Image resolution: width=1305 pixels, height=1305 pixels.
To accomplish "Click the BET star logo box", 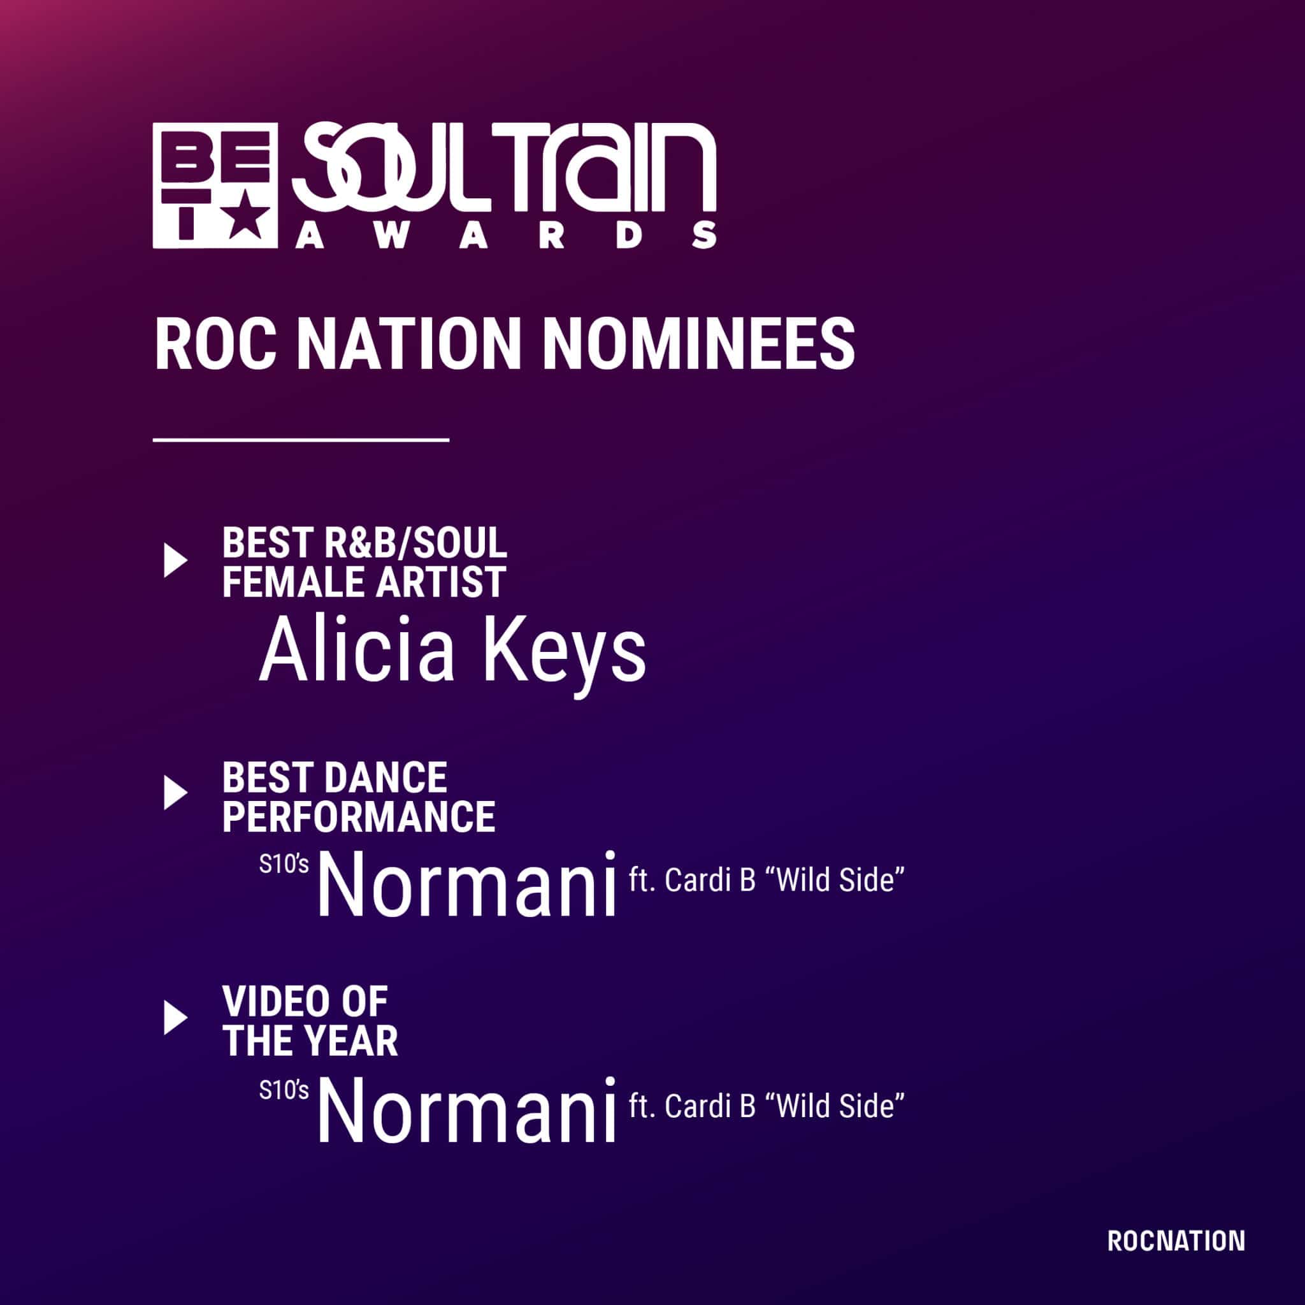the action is point(215,186).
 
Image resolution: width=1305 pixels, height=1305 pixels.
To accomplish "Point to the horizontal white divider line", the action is point(301,440).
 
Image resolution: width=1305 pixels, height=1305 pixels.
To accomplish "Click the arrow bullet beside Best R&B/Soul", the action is point(176,561).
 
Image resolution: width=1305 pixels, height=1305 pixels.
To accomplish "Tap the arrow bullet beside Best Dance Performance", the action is point(176,793).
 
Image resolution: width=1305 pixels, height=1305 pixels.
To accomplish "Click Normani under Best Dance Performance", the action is point(468,884).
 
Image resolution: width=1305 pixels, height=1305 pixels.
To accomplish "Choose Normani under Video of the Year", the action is point(468,1110).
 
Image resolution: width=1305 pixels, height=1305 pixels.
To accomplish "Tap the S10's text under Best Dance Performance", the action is point(284,864).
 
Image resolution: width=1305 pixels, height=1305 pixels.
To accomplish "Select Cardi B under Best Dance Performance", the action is point(710,881).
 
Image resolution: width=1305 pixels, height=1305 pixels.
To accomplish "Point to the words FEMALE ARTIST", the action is point(364,582).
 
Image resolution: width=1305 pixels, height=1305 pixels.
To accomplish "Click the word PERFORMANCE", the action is point(359,817).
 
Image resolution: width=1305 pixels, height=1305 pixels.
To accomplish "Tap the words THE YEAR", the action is point(310,1041).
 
